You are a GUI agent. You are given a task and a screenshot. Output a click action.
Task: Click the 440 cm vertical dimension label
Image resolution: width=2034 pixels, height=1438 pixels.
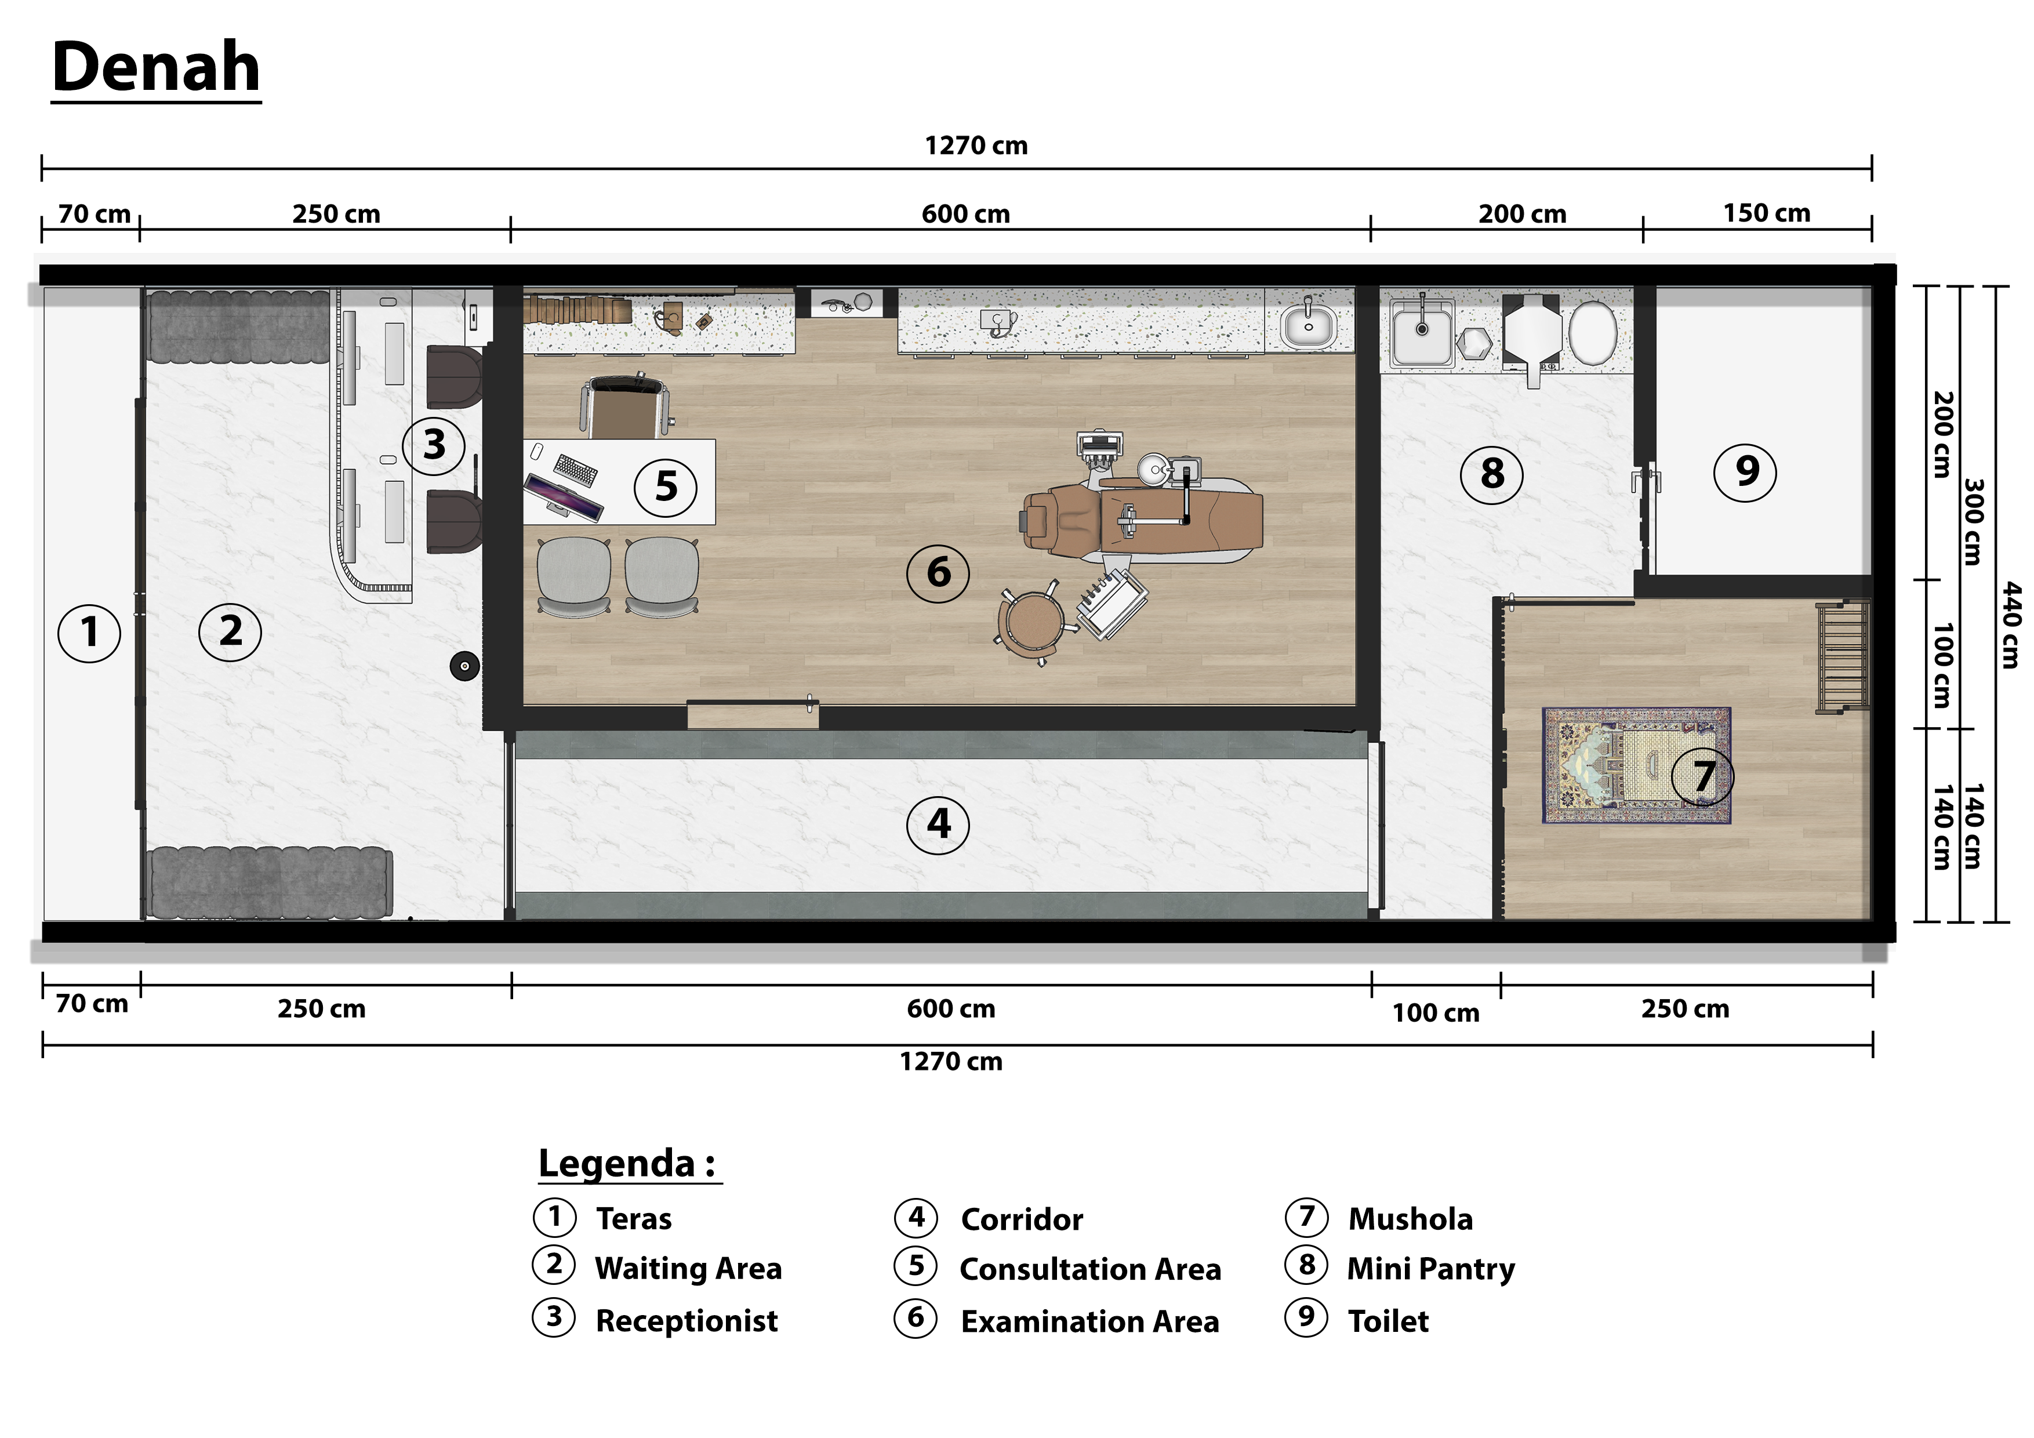pyautogui.click(x=2011, y=624)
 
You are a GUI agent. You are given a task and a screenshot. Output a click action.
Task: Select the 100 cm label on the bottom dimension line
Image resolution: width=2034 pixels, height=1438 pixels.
pyautogui.click(x=1435, y=1013)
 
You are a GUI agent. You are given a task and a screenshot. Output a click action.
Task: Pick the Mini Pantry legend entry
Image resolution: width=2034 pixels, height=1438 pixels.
pyautogui.click(x=1430, y=1269)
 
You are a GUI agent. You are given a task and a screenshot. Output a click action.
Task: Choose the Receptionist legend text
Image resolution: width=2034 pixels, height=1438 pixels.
pyautogui.click(x=686, y=1320)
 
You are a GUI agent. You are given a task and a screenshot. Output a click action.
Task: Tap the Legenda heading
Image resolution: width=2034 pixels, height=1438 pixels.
pyautogui.click(x=626, y=1163)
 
